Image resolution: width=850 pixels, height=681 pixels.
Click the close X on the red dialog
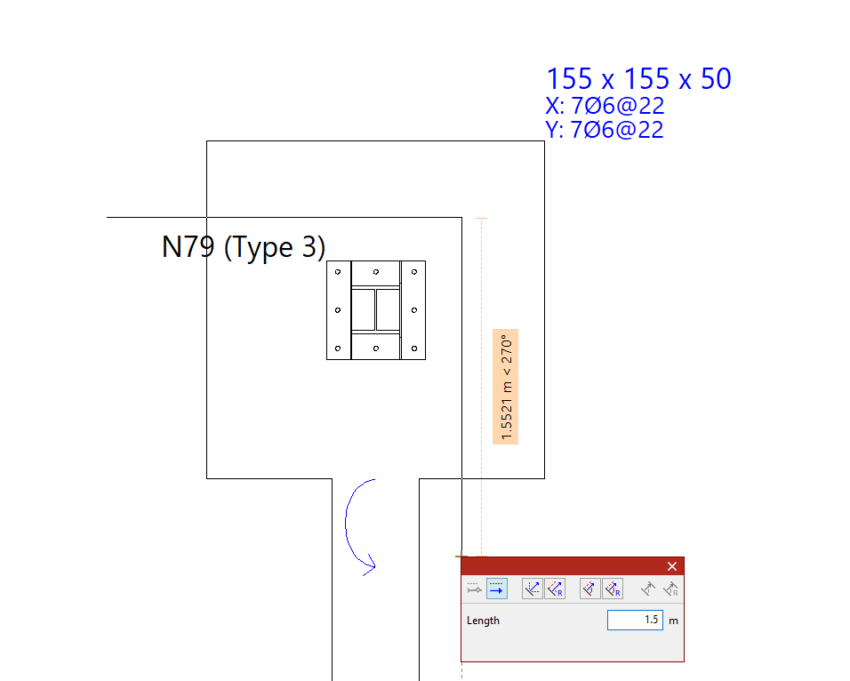point(672,566)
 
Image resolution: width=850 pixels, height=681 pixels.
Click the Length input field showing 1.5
point(635,620)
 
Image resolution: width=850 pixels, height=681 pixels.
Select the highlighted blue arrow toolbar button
point(497,589)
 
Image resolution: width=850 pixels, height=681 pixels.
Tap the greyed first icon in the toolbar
point(475,589)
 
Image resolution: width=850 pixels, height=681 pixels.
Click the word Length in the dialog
point(483,621)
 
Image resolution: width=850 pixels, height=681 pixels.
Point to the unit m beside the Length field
point(673,621)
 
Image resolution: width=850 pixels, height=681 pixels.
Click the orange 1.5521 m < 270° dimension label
point(505,387)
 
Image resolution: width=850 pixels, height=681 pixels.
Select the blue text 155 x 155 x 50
point(638,79)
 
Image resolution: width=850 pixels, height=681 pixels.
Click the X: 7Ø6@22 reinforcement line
point(605,106)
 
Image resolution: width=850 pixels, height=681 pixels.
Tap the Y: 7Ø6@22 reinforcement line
point(605,130)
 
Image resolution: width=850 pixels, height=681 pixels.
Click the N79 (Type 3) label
point(244,247)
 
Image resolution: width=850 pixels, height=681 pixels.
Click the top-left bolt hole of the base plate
point(337,271)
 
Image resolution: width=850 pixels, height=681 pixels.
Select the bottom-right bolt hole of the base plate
point(414,348)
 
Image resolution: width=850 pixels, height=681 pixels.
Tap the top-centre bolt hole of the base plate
point(376,271)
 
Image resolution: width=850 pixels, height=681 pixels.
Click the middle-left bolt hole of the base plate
point(337,309)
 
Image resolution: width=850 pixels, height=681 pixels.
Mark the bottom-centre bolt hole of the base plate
point(376,348)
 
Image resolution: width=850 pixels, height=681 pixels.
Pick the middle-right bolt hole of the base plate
point(414,309)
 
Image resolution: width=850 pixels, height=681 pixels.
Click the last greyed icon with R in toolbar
point(671,589)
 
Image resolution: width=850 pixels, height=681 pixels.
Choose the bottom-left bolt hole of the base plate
point(337,348)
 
